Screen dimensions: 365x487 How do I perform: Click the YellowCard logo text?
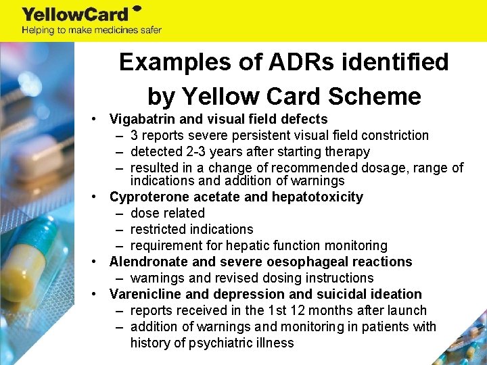76,14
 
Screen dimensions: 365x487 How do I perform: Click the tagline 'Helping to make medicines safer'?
91,30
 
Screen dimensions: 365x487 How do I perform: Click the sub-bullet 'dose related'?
168,213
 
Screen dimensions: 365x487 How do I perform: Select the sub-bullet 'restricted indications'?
191,229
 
